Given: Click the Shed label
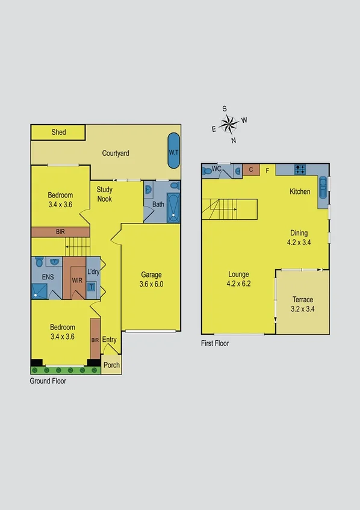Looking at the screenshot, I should (58, 132).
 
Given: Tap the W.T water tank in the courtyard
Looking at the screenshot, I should (173, 151).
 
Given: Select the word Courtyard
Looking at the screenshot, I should (116, 154).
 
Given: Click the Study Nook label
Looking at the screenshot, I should (105, 194).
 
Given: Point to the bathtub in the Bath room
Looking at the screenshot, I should (173, 208).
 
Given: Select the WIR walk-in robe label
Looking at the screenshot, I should (76, 280).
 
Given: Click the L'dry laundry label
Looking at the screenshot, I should (93, 272).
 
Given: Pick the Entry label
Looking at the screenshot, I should (109, 340).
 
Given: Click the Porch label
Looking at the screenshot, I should (111, 365).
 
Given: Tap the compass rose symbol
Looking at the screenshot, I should (229, 125).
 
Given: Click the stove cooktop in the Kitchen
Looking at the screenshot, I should (300, 170).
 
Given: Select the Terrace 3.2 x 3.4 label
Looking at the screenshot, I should (303, 304).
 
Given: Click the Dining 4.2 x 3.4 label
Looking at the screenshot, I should (299, 237).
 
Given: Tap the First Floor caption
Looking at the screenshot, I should (215, 343).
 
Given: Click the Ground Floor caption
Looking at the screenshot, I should (48, 381).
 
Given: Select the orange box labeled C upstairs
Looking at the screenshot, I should (250, 170).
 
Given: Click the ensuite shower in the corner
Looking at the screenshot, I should (40, 291).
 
